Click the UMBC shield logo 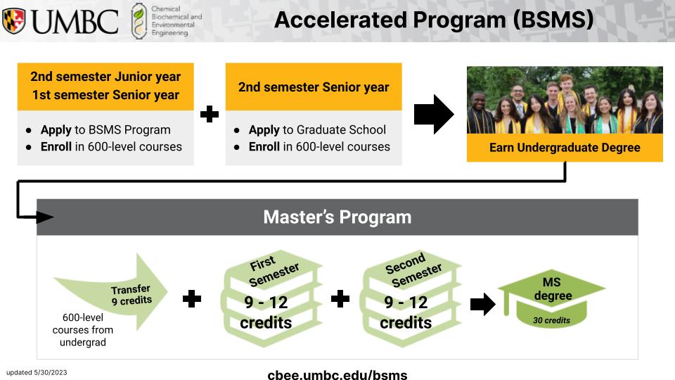coord(14,20)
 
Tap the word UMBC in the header coord(75,22)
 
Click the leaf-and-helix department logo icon coord(139,21)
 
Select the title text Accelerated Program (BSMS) coord(434,20)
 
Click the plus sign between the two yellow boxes coord(210,114)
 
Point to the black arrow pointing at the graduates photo coord(434,114)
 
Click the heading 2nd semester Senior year coord(314,87)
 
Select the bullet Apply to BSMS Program coord(105,129)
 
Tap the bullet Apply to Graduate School coord(317,129)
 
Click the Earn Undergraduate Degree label coord(565,148)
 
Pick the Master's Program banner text coord(337,217)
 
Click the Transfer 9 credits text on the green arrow coord(131,295)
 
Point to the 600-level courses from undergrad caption coord(83,330)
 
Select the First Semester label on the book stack coord(274,270)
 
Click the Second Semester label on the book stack coord(413,270)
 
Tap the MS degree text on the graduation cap coord(553,289)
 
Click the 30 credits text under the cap coord(551,320)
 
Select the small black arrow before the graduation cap coord(482,304)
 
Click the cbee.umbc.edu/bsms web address coord(337,374)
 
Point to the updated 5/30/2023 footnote coord(37,373)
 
